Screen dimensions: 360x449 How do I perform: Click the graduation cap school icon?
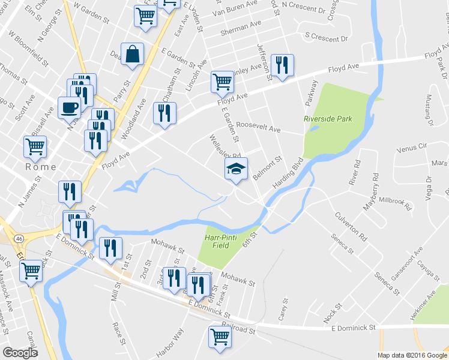[x=236, y=169]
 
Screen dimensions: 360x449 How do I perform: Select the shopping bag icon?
[x=132, y=54]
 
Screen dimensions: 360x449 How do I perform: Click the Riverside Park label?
[x=328, y=119]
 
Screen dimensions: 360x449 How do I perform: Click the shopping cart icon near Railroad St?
[x=220, y=337]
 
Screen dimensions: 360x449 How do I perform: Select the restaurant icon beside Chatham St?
[x=164, y=113]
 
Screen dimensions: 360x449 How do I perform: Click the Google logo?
[x=20, y=353]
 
